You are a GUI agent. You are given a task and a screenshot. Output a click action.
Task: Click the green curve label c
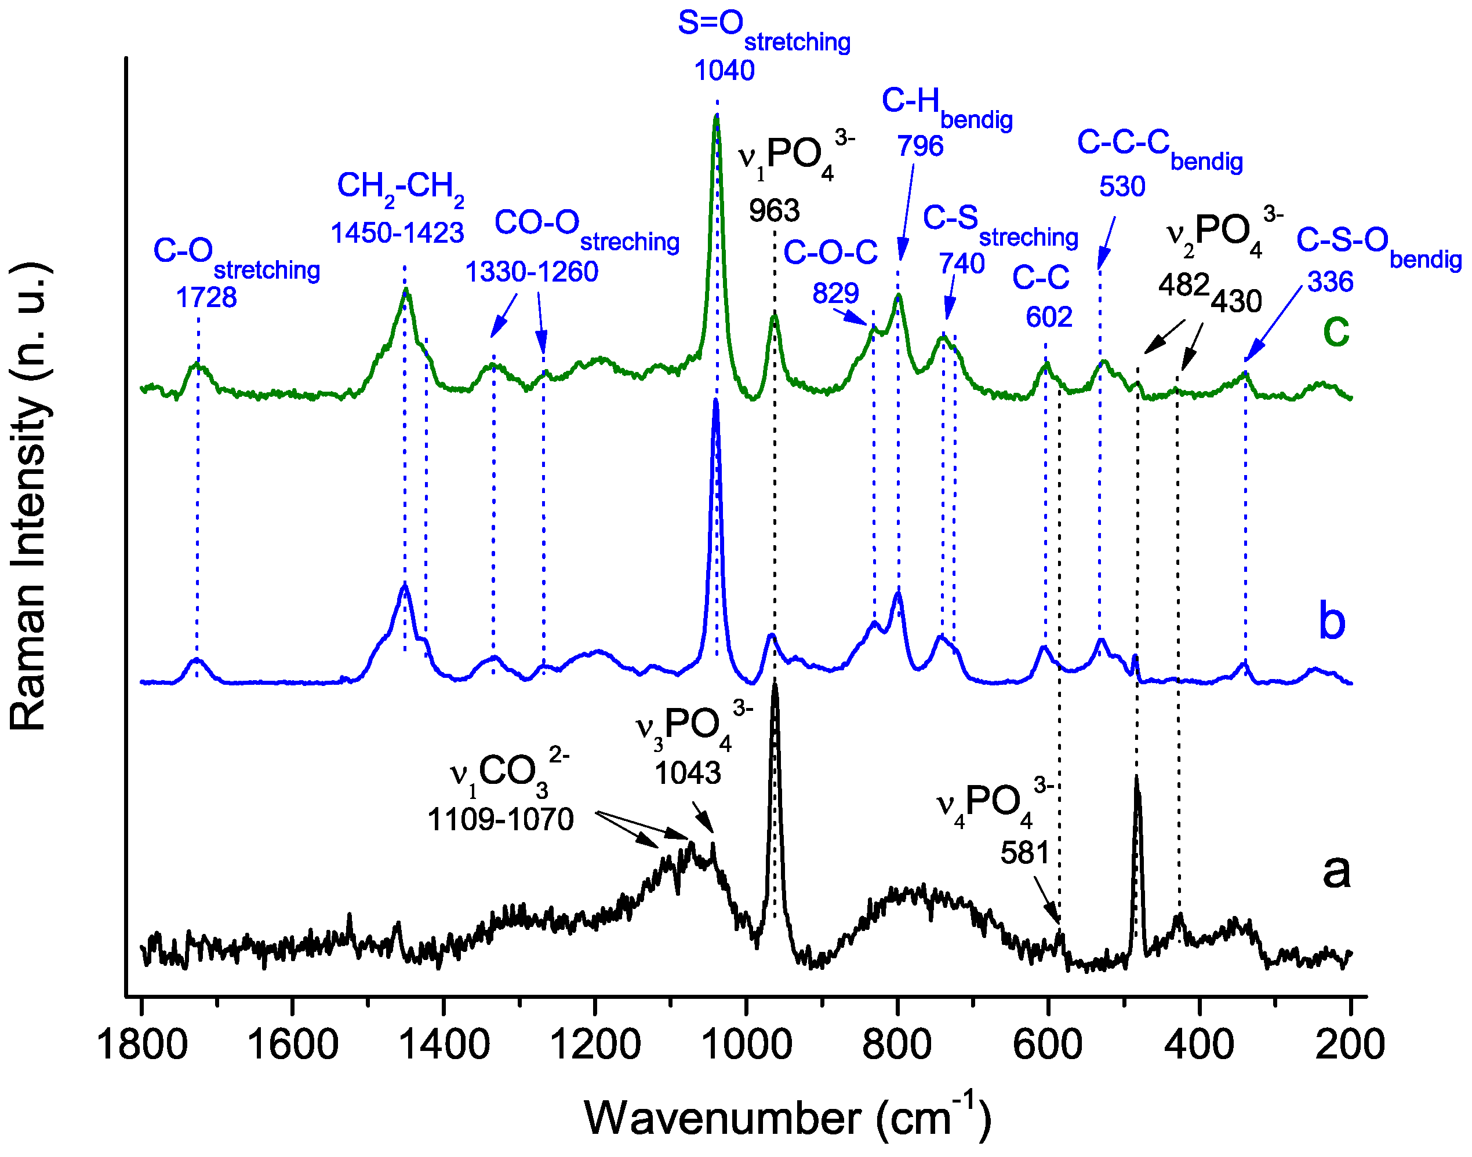tap(1336, 331)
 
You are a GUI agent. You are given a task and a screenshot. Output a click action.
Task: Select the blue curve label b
tap(1332, 621)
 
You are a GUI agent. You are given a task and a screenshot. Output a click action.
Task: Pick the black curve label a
tap(1336, 870)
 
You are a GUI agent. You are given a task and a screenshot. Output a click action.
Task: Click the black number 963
tap(774, 211)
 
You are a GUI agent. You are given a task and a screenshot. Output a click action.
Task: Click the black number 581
tap(1024, 853)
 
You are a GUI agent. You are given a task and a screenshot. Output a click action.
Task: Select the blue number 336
tap(1331, 282)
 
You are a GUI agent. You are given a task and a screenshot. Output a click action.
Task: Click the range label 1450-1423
tap(397, 233)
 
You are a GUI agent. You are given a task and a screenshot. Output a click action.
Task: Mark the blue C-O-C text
tap(830, 253)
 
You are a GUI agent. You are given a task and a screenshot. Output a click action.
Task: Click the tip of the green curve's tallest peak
tap(717, 116)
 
